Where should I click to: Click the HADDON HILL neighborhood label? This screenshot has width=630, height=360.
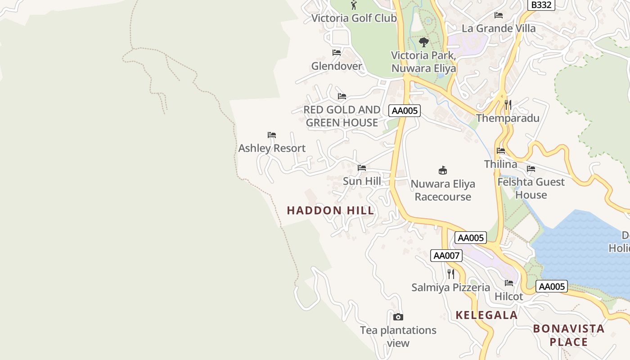(330, 210)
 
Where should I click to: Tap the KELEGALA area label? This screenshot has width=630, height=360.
(486, 315)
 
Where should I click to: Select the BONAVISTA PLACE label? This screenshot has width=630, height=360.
(569, 335)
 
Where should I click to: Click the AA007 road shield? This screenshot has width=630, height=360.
(446, 256)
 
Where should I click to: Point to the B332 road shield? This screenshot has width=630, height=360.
(541, 5)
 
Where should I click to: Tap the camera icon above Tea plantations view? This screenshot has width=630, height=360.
(398, 317)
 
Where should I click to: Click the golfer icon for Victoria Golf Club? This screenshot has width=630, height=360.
(354, 5)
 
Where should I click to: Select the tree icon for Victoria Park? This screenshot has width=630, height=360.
(423, 42)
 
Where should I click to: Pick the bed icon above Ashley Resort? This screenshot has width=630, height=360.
(271, 135)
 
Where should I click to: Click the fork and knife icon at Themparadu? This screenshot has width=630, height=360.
(508, 105)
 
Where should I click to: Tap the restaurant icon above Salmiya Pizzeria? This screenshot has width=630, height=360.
(450, 274)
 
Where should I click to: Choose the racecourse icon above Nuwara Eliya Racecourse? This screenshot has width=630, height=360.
(443, 170)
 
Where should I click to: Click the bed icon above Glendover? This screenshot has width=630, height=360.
(336, 53)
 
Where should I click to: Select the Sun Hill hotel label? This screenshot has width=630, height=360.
(362, 181)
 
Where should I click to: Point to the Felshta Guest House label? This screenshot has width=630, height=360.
(531, 188)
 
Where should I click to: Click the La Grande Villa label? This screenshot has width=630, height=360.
(499, 28)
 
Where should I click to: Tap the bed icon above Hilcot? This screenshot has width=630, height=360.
(509, 283)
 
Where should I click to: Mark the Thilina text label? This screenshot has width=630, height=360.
(500, 164)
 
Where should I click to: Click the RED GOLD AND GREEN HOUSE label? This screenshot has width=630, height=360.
(342, 116)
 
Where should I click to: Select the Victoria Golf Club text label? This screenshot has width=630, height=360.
(354, 18)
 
